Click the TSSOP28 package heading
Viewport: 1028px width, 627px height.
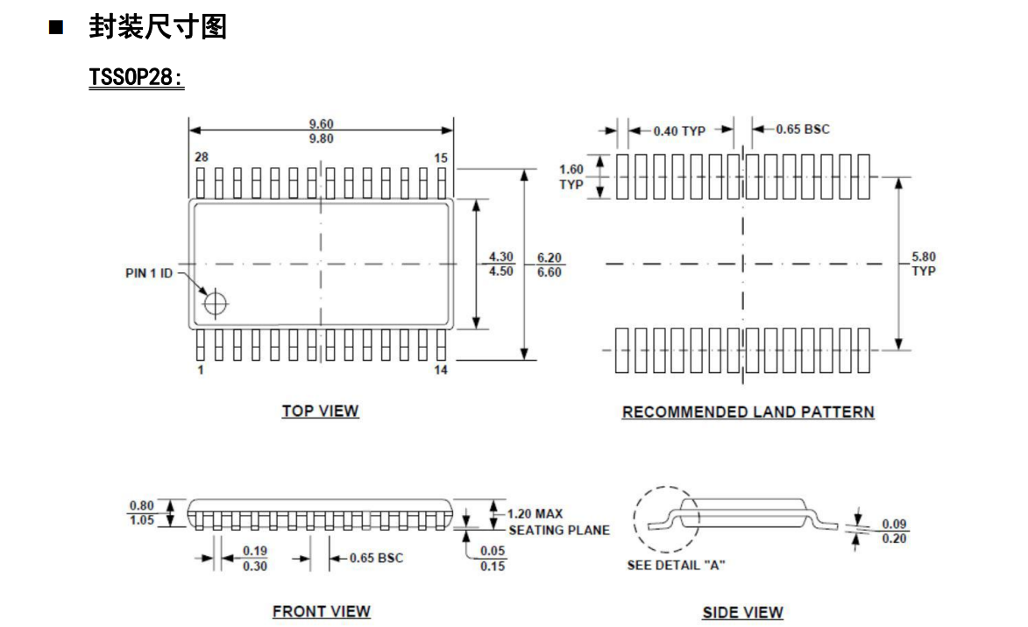click(x=136, y=78)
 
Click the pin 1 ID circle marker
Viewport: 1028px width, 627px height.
click(x=215, y=304)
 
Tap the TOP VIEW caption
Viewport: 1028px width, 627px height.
click(x=320, y=411)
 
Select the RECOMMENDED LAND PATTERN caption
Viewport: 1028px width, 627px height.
click(x=748, y=412)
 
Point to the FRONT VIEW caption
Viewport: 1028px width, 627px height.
click(x=321, y=611)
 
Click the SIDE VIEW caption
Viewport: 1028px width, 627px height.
click(x=742, y=612)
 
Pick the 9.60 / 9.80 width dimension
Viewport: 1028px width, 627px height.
click(x=321, y=131)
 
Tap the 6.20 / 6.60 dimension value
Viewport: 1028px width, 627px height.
click(x=549, y=264)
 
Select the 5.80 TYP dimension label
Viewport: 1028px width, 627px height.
click(x=923, y=264)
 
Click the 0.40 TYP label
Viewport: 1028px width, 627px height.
click(x=679, y=130)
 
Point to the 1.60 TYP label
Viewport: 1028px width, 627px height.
click(x=571, y=176)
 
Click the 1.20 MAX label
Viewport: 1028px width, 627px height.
click(x=535, y=514)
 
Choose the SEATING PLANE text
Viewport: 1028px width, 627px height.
click(x=559, y=530)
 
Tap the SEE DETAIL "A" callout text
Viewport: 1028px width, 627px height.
click(x=676, y=565)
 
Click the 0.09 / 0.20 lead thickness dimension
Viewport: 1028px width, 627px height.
click(x=894, y=532)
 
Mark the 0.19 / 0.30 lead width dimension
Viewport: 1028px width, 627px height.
click(x=255, y=558)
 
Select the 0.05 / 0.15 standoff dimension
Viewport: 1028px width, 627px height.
click(x=493, y=558)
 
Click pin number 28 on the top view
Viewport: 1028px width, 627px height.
click(x=201, y=157)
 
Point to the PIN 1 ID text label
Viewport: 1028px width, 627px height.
click(x=149, y=273)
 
